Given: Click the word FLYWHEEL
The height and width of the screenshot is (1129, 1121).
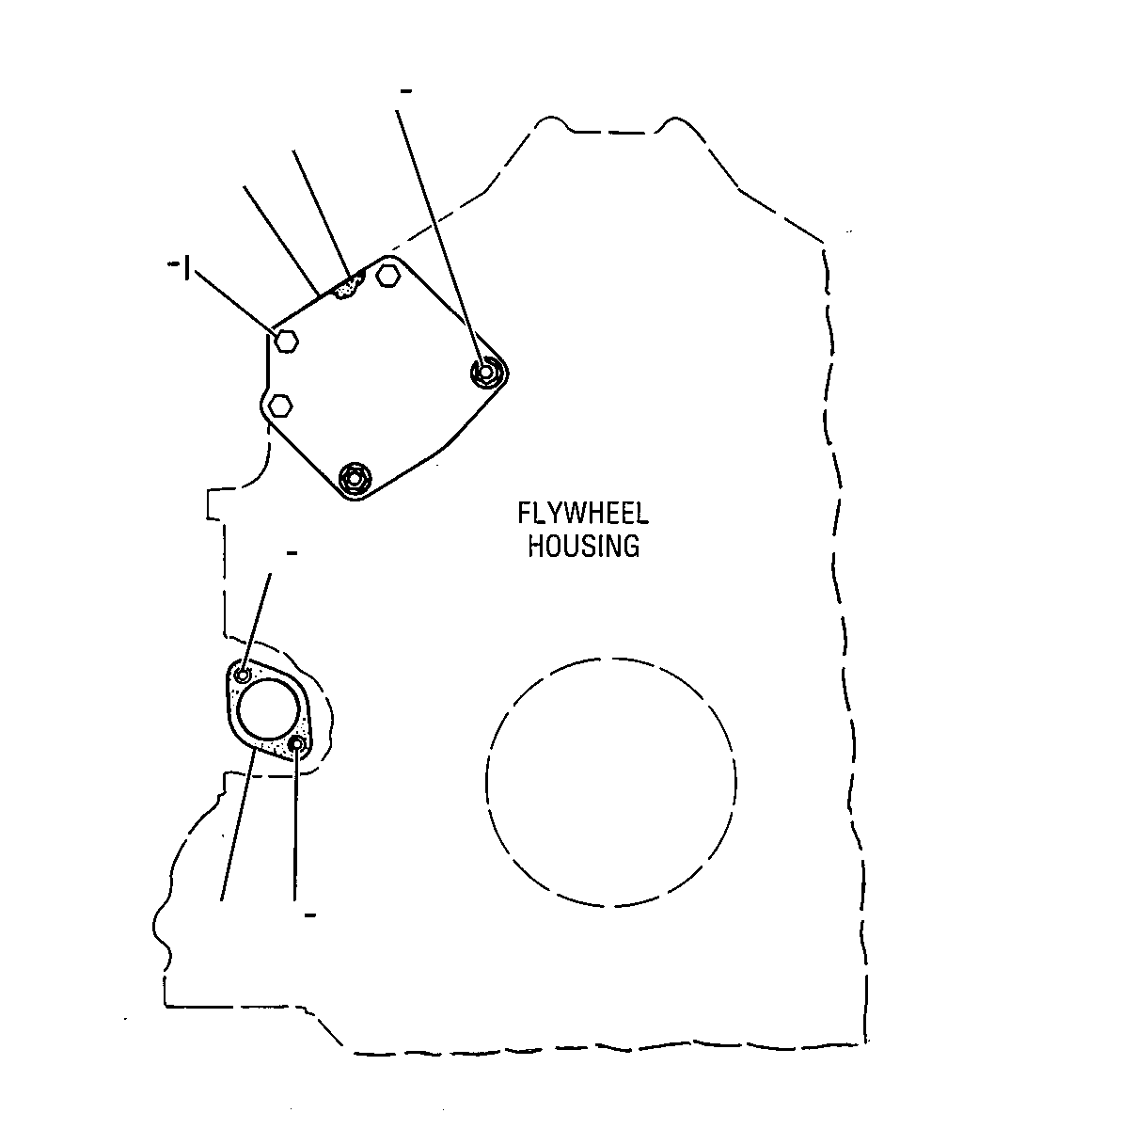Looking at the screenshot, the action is point(583,514).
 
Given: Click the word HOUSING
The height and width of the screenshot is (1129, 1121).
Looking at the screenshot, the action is point(583,546).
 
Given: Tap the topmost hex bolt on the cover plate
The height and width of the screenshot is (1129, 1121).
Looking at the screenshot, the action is point(387,275).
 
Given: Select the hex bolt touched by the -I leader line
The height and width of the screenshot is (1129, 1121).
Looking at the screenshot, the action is point(287,341).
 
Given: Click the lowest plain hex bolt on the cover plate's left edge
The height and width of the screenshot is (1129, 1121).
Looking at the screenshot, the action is point(280,405).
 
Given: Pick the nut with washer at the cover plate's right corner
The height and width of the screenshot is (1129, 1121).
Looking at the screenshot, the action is point(487,372).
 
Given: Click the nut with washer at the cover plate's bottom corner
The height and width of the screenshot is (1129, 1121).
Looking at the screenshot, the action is point(355,478).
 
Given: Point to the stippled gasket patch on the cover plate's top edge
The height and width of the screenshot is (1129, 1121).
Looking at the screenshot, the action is point(349,286).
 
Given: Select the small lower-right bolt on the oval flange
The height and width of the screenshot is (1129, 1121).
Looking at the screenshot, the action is point(297,744).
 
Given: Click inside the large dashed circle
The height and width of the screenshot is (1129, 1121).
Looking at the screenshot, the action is point(611,782).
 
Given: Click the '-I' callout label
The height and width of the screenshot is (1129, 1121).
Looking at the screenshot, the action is point(180,268).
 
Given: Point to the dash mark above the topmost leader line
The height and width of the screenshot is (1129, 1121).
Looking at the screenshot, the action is point(406,91).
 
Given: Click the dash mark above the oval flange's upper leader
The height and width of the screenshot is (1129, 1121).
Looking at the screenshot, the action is point(292,552).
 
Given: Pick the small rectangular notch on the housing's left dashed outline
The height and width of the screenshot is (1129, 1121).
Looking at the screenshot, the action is point(215,503).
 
